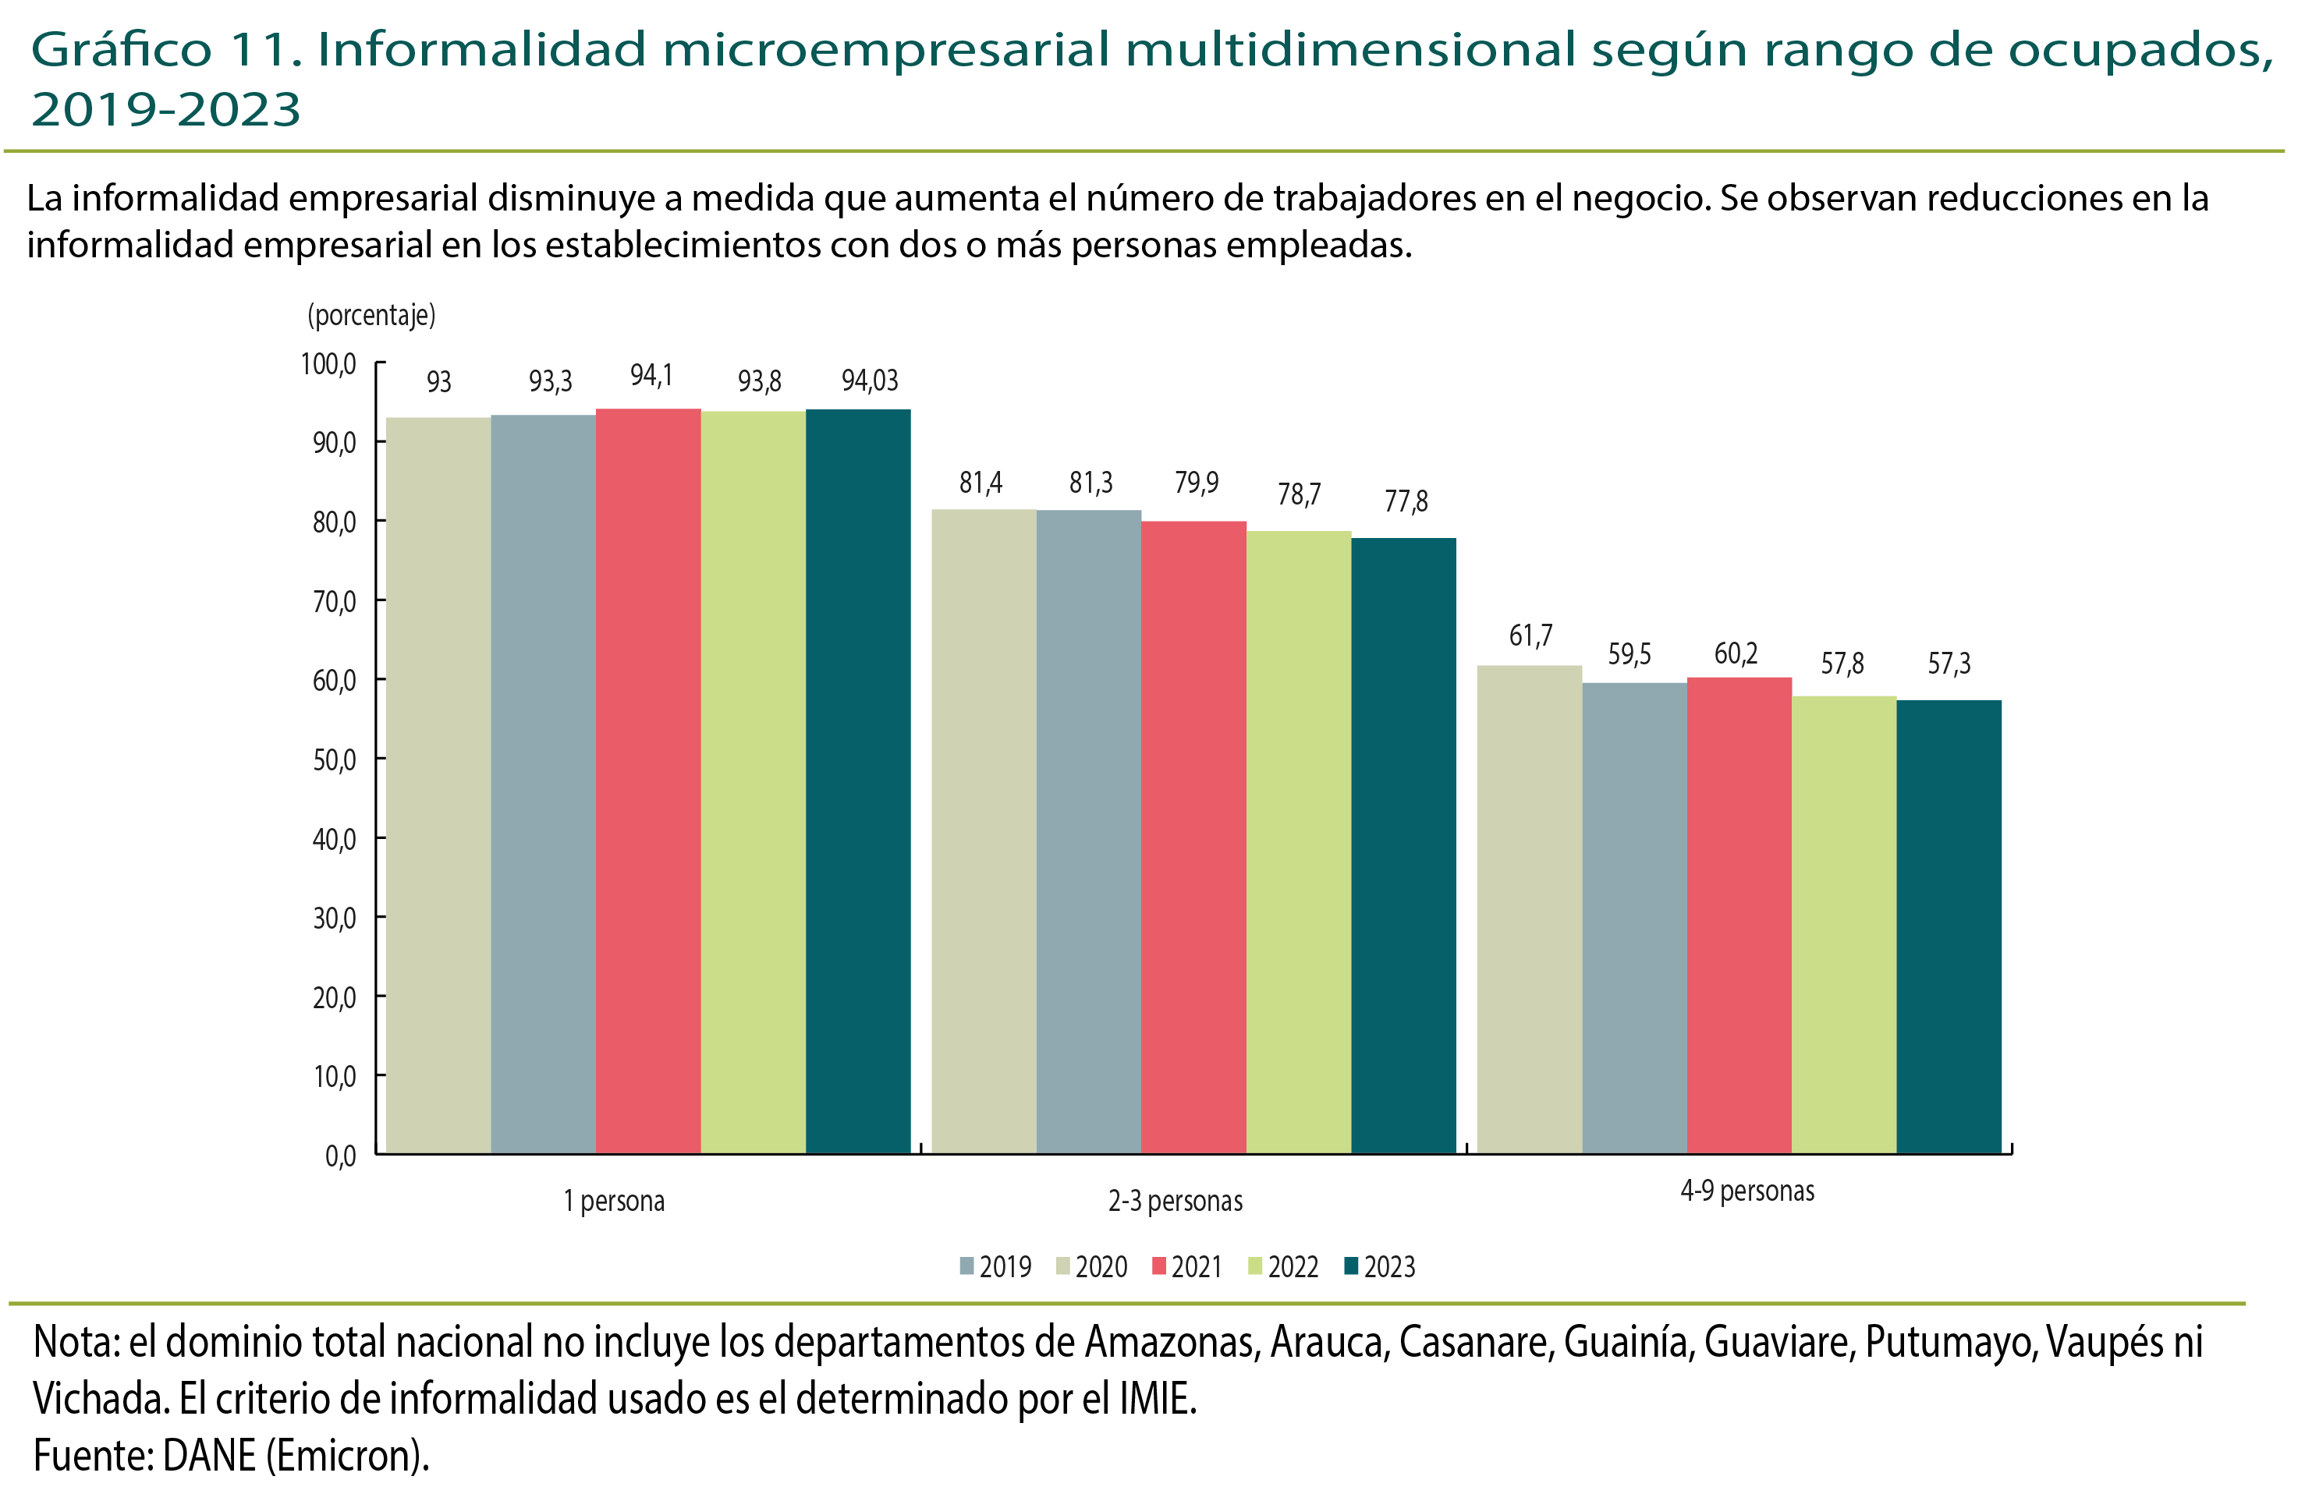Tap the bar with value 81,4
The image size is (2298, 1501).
tap(983, 830)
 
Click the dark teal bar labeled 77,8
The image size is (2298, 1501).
tap(1403, 844)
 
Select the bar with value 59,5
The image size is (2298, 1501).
tap(1635, 917)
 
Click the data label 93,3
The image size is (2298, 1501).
tap(551, 381)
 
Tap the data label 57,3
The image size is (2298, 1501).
tap(1949, 663)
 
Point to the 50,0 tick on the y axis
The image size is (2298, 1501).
tap(334, 759)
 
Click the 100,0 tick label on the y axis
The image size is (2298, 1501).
tap(328, 364)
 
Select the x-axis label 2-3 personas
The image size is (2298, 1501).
tap(1175, 1201)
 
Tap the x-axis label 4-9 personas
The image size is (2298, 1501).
tap(1747, 1190)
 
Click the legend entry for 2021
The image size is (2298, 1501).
tap(1188, 1266)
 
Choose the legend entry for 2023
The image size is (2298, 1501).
tap(1380, 1266)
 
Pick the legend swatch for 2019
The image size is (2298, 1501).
tap(966, 1266)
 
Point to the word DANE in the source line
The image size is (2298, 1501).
tap(208, 1455)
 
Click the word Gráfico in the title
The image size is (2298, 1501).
tap(122, 50)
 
